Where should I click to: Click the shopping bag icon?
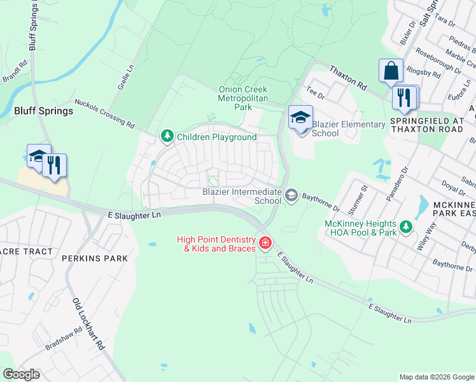click(390, 71)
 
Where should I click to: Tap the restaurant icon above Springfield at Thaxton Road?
click(404, 97)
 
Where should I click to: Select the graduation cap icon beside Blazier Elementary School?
click(300, 118)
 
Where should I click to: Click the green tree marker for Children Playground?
click(167, 136)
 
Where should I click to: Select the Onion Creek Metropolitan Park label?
click(243, 99)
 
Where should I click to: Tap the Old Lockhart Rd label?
click(88, 324)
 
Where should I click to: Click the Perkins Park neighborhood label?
click(95, 258)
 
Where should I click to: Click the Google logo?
click(22, 374)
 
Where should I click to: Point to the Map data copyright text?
click(436, 377)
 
